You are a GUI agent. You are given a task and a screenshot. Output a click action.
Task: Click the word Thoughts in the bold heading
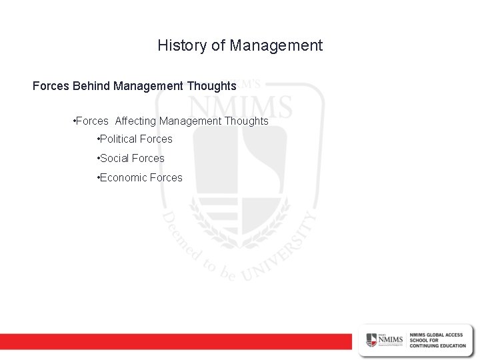click(213, 86)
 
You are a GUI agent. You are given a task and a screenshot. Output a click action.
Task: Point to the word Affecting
click(136, 121)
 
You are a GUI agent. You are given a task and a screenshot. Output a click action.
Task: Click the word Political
click(119, 139)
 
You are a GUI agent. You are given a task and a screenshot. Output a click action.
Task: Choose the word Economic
click(123, 178)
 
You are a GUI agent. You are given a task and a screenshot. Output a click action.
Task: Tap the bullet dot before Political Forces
click(98, 139)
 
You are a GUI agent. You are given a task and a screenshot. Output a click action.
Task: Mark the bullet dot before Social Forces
click(98, 159)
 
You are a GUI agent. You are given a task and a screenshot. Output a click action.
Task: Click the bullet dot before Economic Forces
click(98, 178)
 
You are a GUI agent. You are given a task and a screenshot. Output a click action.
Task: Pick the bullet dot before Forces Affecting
click(73, 121)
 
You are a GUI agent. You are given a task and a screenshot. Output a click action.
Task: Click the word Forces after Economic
click(166, 178)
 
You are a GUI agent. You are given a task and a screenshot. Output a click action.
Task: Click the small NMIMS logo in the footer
click(384, 339)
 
